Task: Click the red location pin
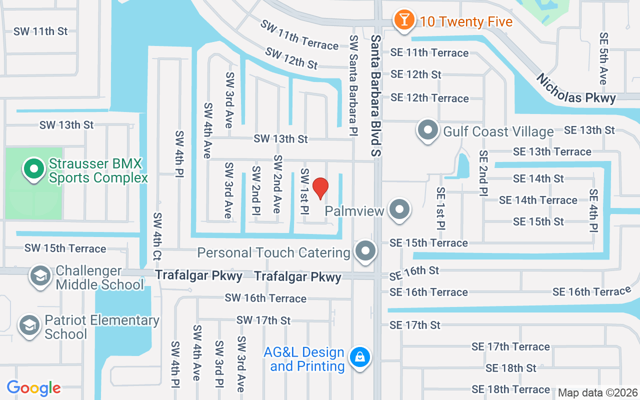(x=320, y=188)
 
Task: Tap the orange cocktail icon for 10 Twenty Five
(x=403, y=20)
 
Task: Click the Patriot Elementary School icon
(x=29, y=326)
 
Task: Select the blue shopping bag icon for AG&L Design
(x=359, y=357)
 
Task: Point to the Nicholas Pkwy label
(x=576, y=88)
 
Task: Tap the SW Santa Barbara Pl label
(x=353, y=85)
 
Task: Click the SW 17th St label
(x=263, y=320)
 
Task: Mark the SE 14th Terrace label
(x=538, y=200)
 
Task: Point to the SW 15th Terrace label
(x=65, y=248)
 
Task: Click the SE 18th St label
(x=511, y=368)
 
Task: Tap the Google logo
(x=33, y=388)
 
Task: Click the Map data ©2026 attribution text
(x=598, y=393)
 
